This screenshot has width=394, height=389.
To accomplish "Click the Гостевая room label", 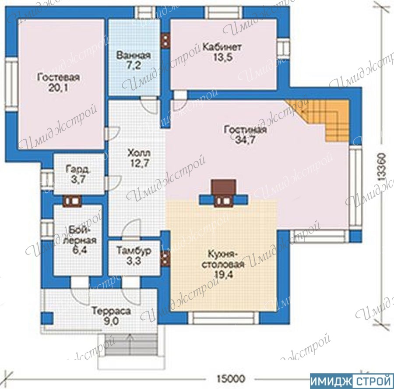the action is [58, 78].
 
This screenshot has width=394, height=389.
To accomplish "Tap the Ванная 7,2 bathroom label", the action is [134, 60].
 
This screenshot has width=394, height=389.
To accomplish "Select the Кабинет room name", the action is [222, 47].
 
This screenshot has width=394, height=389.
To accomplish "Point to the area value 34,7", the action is [245, 140].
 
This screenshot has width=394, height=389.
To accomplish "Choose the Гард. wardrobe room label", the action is [78, 169].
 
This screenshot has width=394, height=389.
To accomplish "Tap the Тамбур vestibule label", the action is [134, 250].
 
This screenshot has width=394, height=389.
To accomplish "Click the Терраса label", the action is [111, 311].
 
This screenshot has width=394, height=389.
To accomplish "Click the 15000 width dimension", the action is [230, 378].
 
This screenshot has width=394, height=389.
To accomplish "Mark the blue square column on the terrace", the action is [47, 318].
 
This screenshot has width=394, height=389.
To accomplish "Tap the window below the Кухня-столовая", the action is [224, 318].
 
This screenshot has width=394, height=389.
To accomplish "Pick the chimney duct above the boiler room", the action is [72, 201].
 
